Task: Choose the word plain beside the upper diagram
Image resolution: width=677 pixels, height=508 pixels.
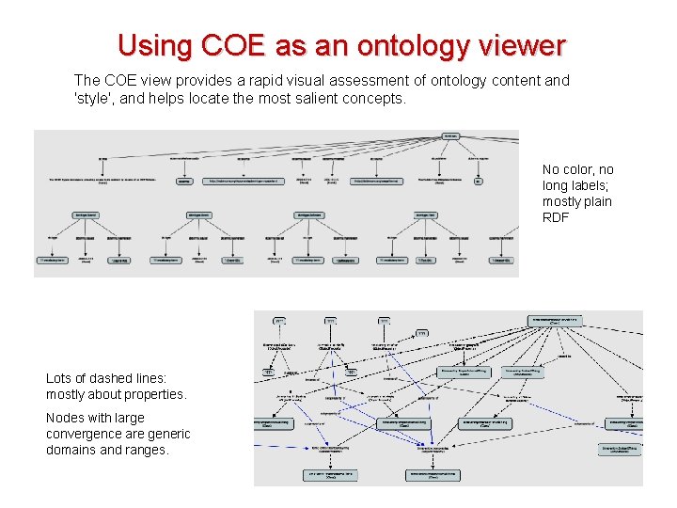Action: (591, 201)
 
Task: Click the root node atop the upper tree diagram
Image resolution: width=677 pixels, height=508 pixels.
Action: (451, 136)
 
